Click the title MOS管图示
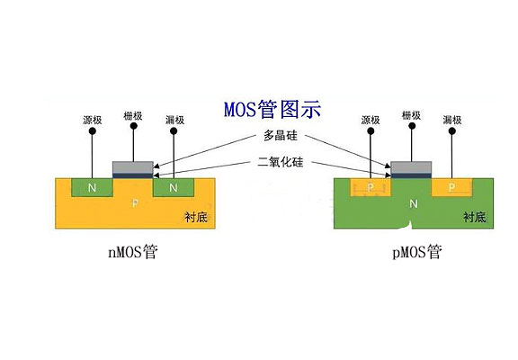[x=272, y=110]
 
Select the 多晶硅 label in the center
[x=280, y=136]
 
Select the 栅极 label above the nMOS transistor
[x=133, y=116]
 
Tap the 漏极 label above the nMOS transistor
[x=175, y=120]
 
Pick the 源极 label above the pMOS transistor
[x=371, y=120]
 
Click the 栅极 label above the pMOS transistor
[x=412, y=116]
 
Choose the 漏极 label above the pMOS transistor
[x=453, y=120]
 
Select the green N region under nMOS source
[x=91, y=188]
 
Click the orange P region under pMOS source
[x=371, y=188]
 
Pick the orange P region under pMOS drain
[x=452, y=188]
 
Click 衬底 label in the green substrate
[x=475, y=217]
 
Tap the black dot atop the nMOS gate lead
[x=133, y=128]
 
